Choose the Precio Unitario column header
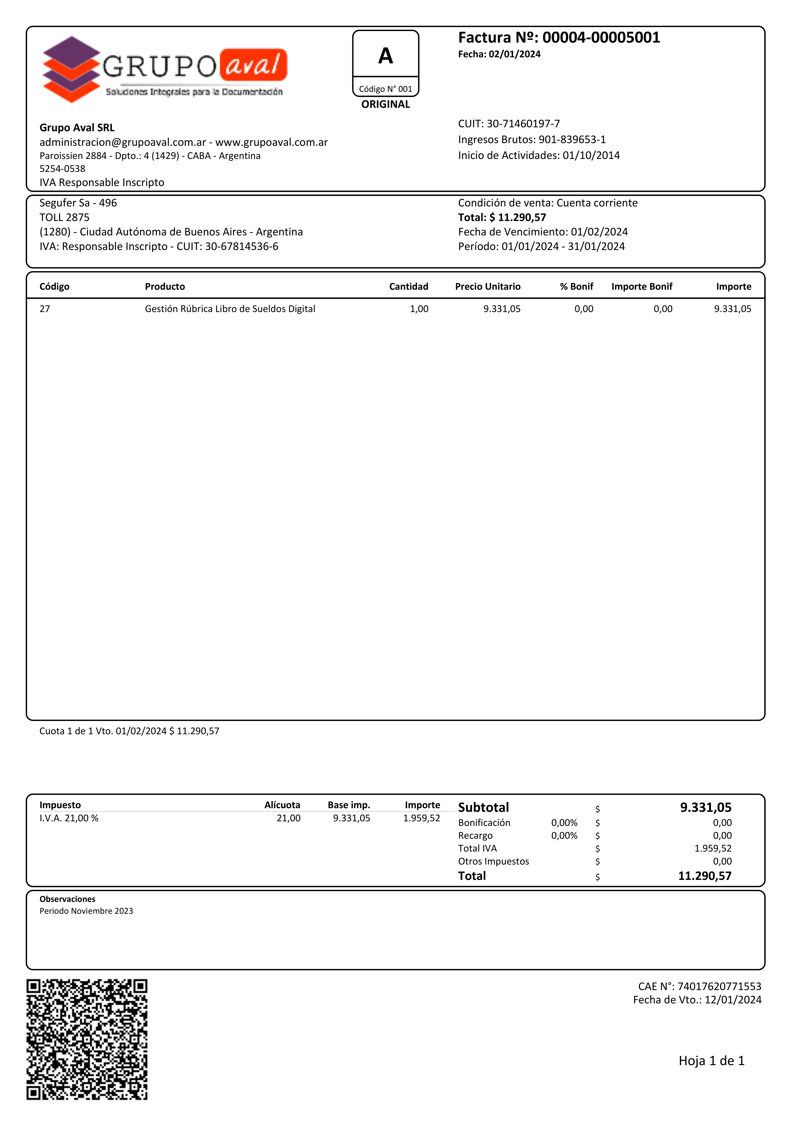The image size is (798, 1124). (x=487, y=287)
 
